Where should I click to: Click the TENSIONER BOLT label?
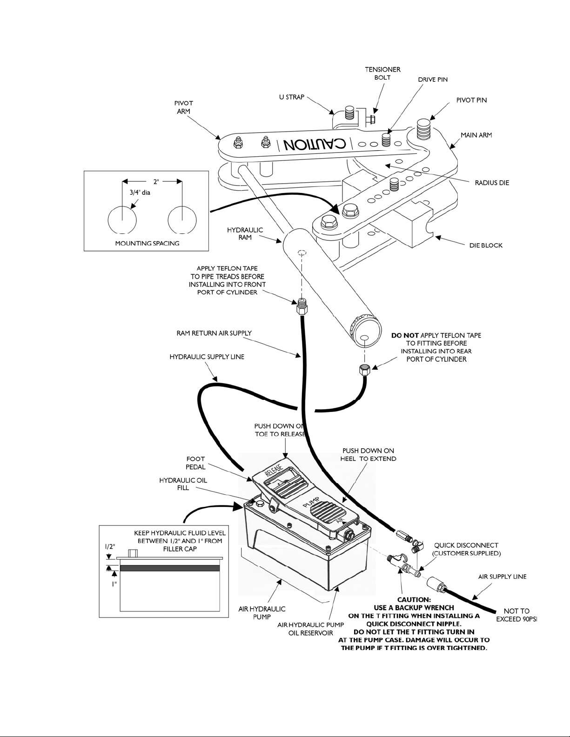click(x=382, y=73)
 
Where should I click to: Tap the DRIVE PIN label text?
click(x=433, y=80)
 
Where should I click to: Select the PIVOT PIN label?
click(x=471, y=100)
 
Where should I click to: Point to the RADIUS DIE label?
click(x=492, y=183)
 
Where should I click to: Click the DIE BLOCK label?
click(x=486, y=245)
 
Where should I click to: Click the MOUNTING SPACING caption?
click(x=147, y=243)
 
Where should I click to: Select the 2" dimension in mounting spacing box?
click(x=156, y=181)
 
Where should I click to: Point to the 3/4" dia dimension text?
click(x=140, y=193)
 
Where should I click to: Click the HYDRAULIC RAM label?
click(x=245, y=234)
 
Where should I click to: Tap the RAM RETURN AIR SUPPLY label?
click(x=214, y=333)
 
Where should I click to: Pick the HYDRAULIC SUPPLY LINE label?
click(x=207, y=357)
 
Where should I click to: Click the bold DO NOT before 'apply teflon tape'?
click(x=405, y=335)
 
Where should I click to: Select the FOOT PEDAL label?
click(x=195, y=463)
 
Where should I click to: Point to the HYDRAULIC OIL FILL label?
click(x=183, y=484)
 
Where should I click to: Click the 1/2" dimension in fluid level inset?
click(x=110, y=547)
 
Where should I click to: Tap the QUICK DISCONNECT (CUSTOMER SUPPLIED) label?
click(x=467, y=550)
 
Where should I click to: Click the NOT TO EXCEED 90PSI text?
click(x=517, y=615)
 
